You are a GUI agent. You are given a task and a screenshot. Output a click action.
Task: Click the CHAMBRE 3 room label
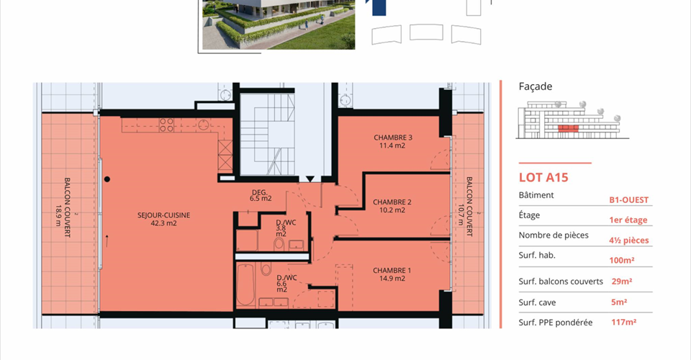click(x=393, y=141)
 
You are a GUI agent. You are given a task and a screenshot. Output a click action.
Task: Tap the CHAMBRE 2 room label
click(x=392, y=206)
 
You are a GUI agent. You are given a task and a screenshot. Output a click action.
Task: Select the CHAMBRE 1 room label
click(x=392, y=274)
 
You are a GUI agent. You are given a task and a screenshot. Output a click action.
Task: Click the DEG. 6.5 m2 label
click(x=261, y=195)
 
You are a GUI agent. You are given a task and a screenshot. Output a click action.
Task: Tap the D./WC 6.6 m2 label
click(x=286, y=284)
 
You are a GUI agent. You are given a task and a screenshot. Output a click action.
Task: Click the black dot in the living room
click(x=107, y=179)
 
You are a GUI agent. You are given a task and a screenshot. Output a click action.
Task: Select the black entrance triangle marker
click(x=310, y=179)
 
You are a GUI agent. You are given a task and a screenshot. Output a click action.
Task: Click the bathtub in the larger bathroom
click(x=245, y=284)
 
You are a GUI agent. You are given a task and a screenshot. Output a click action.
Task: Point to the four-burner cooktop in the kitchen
click(x=166, y=125)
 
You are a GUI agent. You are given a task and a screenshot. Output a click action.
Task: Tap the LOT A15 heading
click(x=543, y=177)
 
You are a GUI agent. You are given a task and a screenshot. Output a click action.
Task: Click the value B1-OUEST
click(x=629, y=200)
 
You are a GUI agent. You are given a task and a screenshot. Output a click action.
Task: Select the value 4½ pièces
click(x=629, y=240)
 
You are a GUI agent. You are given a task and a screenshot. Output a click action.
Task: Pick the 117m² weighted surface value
click(x=623, y=322)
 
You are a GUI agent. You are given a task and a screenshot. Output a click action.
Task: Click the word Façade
click(x=536, y=86)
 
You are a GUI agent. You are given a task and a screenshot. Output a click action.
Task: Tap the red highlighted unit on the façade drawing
click(x=568, y=128)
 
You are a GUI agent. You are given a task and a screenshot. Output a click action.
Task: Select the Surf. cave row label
click(x=537, y=302)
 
